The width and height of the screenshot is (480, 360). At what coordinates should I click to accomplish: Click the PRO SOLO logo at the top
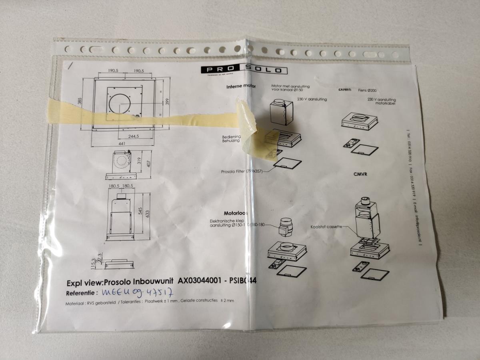pos(244,70)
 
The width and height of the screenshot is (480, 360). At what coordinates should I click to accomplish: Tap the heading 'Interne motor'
pos(241,86)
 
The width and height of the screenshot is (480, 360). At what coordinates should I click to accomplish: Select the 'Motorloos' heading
pos(236,213)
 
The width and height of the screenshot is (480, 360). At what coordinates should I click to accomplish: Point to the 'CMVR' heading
pos(360,174)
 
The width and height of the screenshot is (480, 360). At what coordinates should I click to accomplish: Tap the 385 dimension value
pos(80,103)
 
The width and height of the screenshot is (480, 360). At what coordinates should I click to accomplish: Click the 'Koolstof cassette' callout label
pos(326,227)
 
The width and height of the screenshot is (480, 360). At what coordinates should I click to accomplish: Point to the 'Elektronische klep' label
pos(227,221)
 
